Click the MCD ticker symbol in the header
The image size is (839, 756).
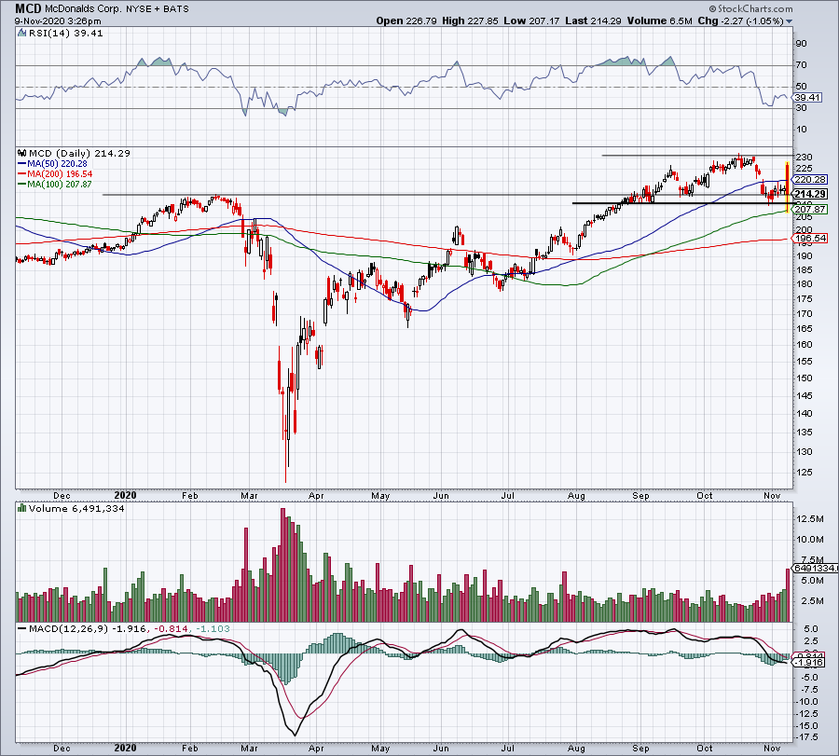click(x=28, y=8)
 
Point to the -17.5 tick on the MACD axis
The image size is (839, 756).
click(x=808, y=737)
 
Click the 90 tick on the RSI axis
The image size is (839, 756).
click(x=801, y=43)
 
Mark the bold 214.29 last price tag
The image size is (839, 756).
click(x=808, y=194)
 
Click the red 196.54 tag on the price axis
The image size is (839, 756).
click(x=807, y=239)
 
